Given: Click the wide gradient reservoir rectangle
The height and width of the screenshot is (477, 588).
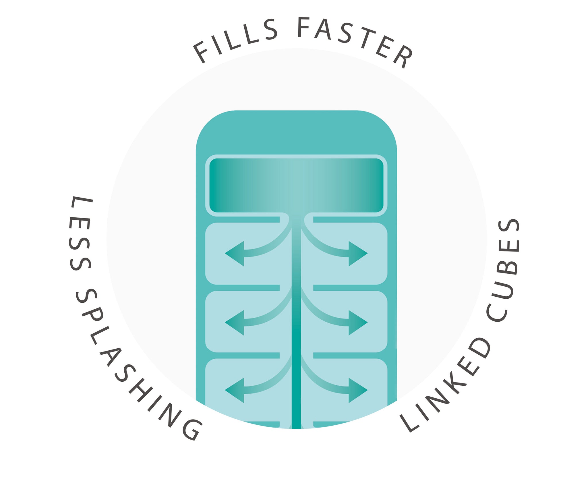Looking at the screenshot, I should click(x=296, y=185).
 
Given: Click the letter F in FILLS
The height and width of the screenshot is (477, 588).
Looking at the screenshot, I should click(x=201, y=53).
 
